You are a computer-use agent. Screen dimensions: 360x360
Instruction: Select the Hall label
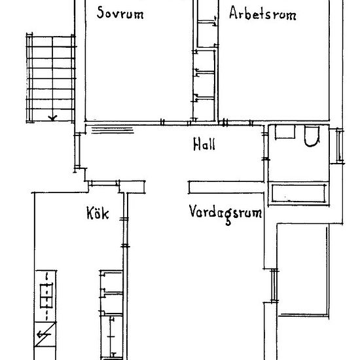(204, 145)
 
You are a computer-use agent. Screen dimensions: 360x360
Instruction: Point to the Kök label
(96, 213)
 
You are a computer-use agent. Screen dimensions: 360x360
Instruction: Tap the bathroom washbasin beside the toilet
(285, 134)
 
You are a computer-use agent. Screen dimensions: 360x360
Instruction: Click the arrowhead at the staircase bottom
(52, 118)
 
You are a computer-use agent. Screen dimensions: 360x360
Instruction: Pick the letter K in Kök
(90, 213)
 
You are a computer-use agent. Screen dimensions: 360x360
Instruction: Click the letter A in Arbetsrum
(234, 14)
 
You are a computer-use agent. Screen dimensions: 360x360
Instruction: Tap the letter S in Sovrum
(100, 14)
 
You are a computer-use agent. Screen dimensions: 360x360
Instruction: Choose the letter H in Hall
(196, 145)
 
